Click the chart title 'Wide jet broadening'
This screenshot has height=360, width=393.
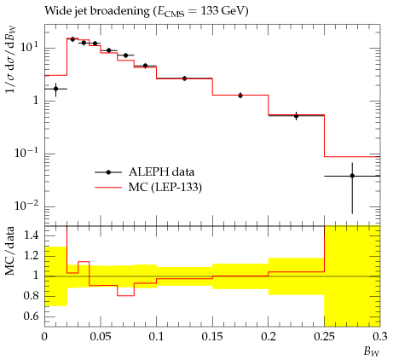click(96, 11)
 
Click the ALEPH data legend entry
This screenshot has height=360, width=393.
click(145, 172)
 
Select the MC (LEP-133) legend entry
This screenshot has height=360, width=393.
click(148, 188)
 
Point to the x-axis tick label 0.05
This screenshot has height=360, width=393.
click(101, 337)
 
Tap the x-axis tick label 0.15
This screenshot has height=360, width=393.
click(212, 337)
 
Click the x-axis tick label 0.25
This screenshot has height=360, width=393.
click(324, 337)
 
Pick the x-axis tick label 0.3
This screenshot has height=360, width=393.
click(380, 337)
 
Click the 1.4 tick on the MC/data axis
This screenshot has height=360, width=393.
click(32, 235)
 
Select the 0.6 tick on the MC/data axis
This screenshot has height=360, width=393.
click(32, 316)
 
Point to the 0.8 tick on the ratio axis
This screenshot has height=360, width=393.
click(32, 296)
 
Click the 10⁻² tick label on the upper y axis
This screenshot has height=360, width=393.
click(27, 206)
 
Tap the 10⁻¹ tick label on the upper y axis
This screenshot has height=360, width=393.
click(27, 153)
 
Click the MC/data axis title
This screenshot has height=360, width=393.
click(10, 251)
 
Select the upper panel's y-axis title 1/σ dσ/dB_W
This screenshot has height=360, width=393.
click(11, 60)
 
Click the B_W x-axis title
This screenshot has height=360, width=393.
click(372, 352)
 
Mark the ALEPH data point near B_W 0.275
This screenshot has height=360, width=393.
click(352, 176)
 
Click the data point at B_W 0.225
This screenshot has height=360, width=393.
click(297, 116)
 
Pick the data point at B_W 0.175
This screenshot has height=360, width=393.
click(240, 96)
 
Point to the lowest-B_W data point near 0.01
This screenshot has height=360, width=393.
click(55, 89)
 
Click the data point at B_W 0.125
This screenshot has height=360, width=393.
click(184, 78)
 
